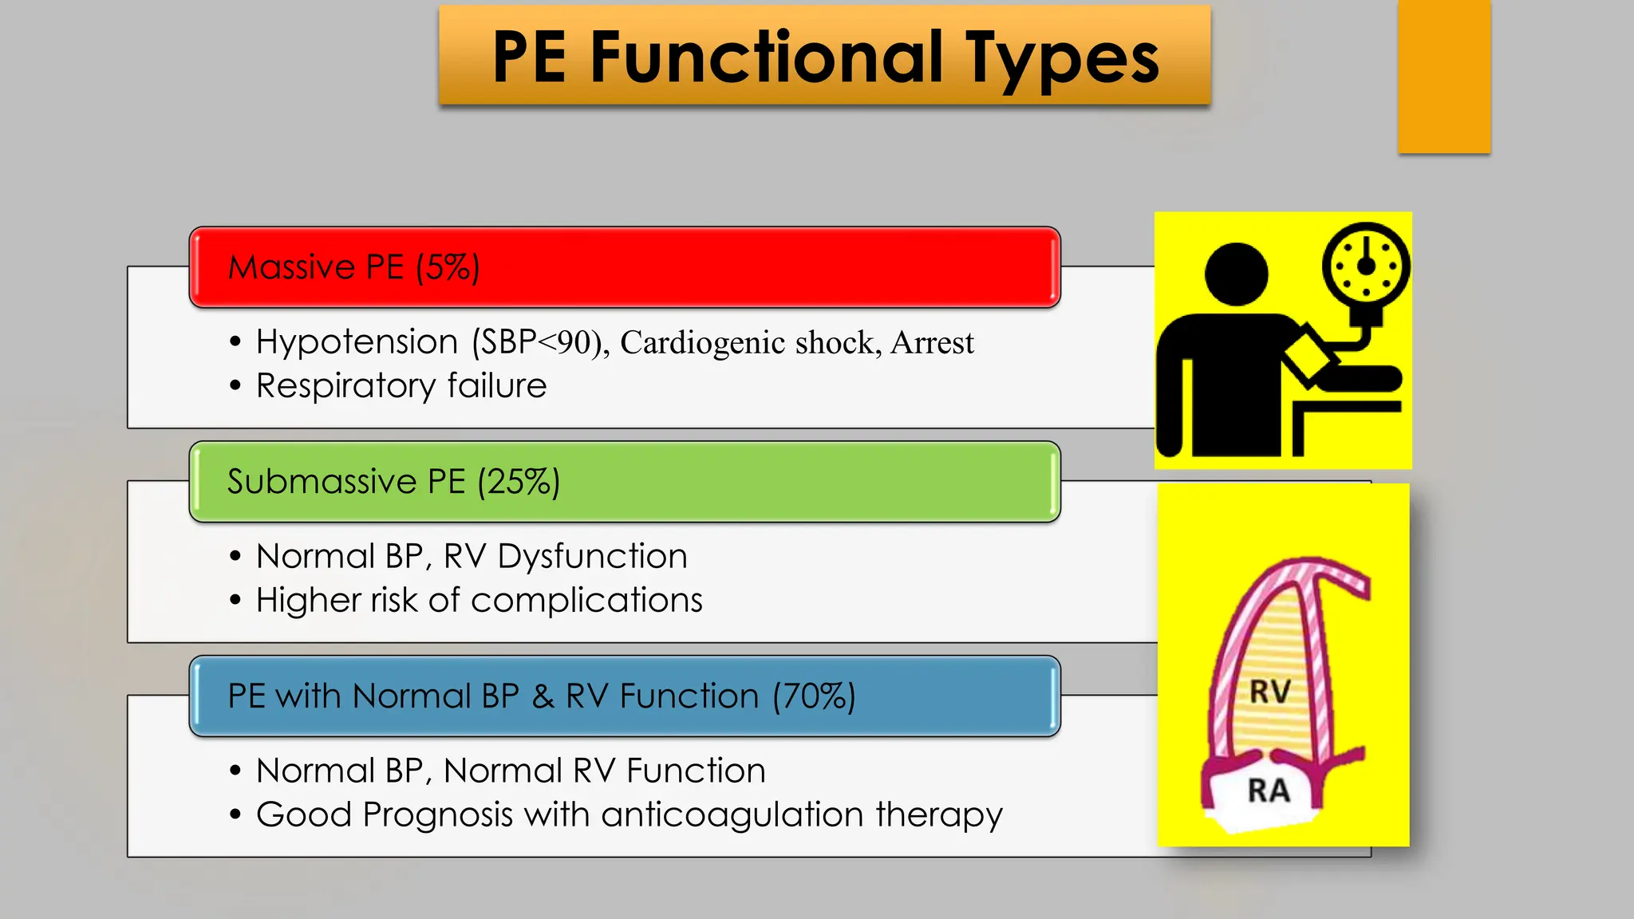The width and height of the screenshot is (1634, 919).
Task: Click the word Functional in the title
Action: tap(766, 57)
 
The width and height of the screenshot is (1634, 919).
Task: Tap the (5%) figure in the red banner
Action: tap(448, 267)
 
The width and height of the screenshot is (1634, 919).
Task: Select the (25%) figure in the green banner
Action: tap(519, 482)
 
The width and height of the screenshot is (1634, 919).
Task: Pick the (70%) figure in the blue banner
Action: tap(814, 696)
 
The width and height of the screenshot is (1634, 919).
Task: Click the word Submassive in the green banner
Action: tap(322, 482)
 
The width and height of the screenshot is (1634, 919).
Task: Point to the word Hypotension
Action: tap(357, 342)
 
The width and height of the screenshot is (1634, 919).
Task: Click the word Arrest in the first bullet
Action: tap(932, 343)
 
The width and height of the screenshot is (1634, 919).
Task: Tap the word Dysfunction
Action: tap(592, 556)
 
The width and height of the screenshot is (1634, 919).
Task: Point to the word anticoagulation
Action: tap(732, 815)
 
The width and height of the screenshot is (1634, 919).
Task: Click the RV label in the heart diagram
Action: tap(1269, 692)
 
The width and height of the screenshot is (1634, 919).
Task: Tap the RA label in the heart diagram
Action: tap(1269, 791)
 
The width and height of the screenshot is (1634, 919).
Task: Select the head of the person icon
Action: tap(1236, 274)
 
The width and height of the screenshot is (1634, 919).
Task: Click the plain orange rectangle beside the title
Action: tap(1444, 77)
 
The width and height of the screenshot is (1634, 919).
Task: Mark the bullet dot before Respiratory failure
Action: tap(235, 386)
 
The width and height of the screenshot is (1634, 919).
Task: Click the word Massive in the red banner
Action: tap(291, 267)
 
